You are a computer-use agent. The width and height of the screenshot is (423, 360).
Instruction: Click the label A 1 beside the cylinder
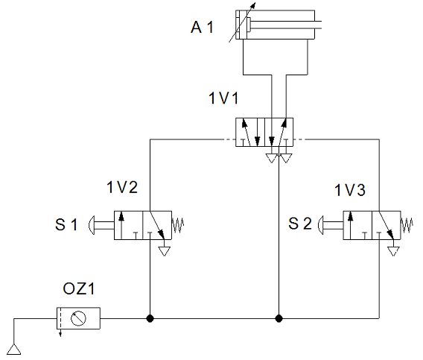click(x=202, y=28)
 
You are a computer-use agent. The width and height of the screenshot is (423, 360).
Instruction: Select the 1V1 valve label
click(x=223, y=98)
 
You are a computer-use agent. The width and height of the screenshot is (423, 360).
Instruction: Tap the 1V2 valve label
click(x=122, y=187)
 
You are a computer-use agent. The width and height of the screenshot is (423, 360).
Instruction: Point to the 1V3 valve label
click(x=350, y=190)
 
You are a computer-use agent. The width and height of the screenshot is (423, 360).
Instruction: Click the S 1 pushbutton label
click(x=66, y=224)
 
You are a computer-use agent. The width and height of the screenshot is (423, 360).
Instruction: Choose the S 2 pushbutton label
click(x=300, y=224)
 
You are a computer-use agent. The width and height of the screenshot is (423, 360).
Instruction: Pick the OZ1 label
click(x=79, y=288)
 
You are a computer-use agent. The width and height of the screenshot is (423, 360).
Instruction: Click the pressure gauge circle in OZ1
click(x=78, y=318)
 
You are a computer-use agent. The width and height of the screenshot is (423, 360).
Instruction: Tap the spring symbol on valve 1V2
click(x=178, y=225)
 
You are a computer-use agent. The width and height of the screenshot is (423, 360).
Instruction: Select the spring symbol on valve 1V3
click(x=407, y=225)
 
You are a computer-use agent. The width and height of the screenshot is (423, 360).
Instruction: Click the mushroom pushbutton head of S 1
click(x=92, y=225)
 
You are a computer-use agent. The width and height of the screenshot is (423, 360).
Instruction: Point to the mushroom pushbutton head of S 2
click(x=321, y=225)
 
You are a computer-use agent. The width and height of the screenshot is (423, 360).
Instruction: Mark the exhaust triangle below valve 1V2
click(x=165, y=251)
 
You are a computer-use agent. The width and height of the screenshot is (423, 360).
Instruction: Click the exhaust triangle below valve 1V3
click(x=394, y=251)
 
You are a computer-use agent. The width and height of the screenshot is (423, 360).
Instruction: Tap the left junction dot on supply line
click(x=150, y=318)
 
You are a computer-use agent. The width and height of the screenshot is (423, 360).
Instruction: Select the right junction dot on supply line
click(x=279, y=318)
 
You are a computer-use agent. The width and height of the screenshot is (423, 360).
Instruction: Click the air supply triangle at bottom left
click(x=13, y=350)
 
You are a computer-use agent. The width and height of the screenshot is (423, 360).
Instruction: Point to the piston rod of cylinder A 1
click(x=285, y=25)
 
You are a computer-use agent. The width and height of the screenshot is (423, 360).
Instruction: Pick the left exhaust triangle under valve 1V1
click(x=271, y=158)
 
